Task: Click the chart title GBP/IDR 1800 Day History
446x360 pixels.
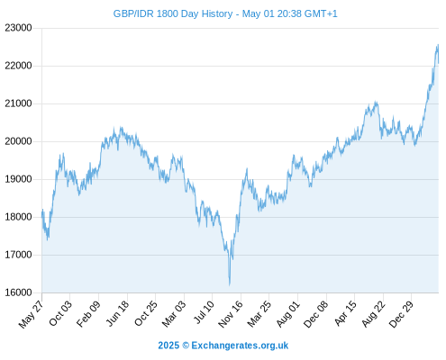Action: [173, 13]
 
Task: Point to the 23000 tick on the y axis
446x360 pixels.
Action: [18, 28]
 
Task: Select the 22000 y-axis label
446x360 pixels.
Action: [18, 66]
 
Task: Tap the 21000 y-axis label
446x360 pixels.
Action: [18, 103]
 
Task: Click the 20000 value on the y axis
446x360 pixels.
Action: [18, 141]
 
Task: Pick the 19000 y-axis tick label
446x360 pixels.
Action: [18, 179]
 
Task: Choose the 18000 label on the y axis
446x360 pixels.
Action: [18, 217]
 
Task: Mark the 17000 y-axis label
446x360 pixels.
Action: [18, 255]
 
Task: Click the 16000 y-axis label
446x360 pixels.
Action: [18, 292]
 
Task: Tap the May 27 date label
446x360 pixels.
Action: [31, 314]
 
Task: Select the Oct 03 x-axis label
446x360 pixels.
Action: [60, 313]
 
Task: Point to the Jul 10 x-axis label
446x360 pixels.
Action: [204, 312]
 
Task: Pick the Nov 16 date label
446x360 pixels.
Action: [231, 314]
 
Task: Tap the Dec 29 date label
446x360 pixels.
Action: [401, 314]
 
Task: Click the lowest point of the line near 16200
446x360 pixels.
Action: [230, 285]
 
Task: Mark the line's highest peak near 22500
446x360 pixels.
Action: [438, 45]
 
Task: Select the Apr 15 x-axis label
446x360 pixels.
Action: [345, 313]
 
